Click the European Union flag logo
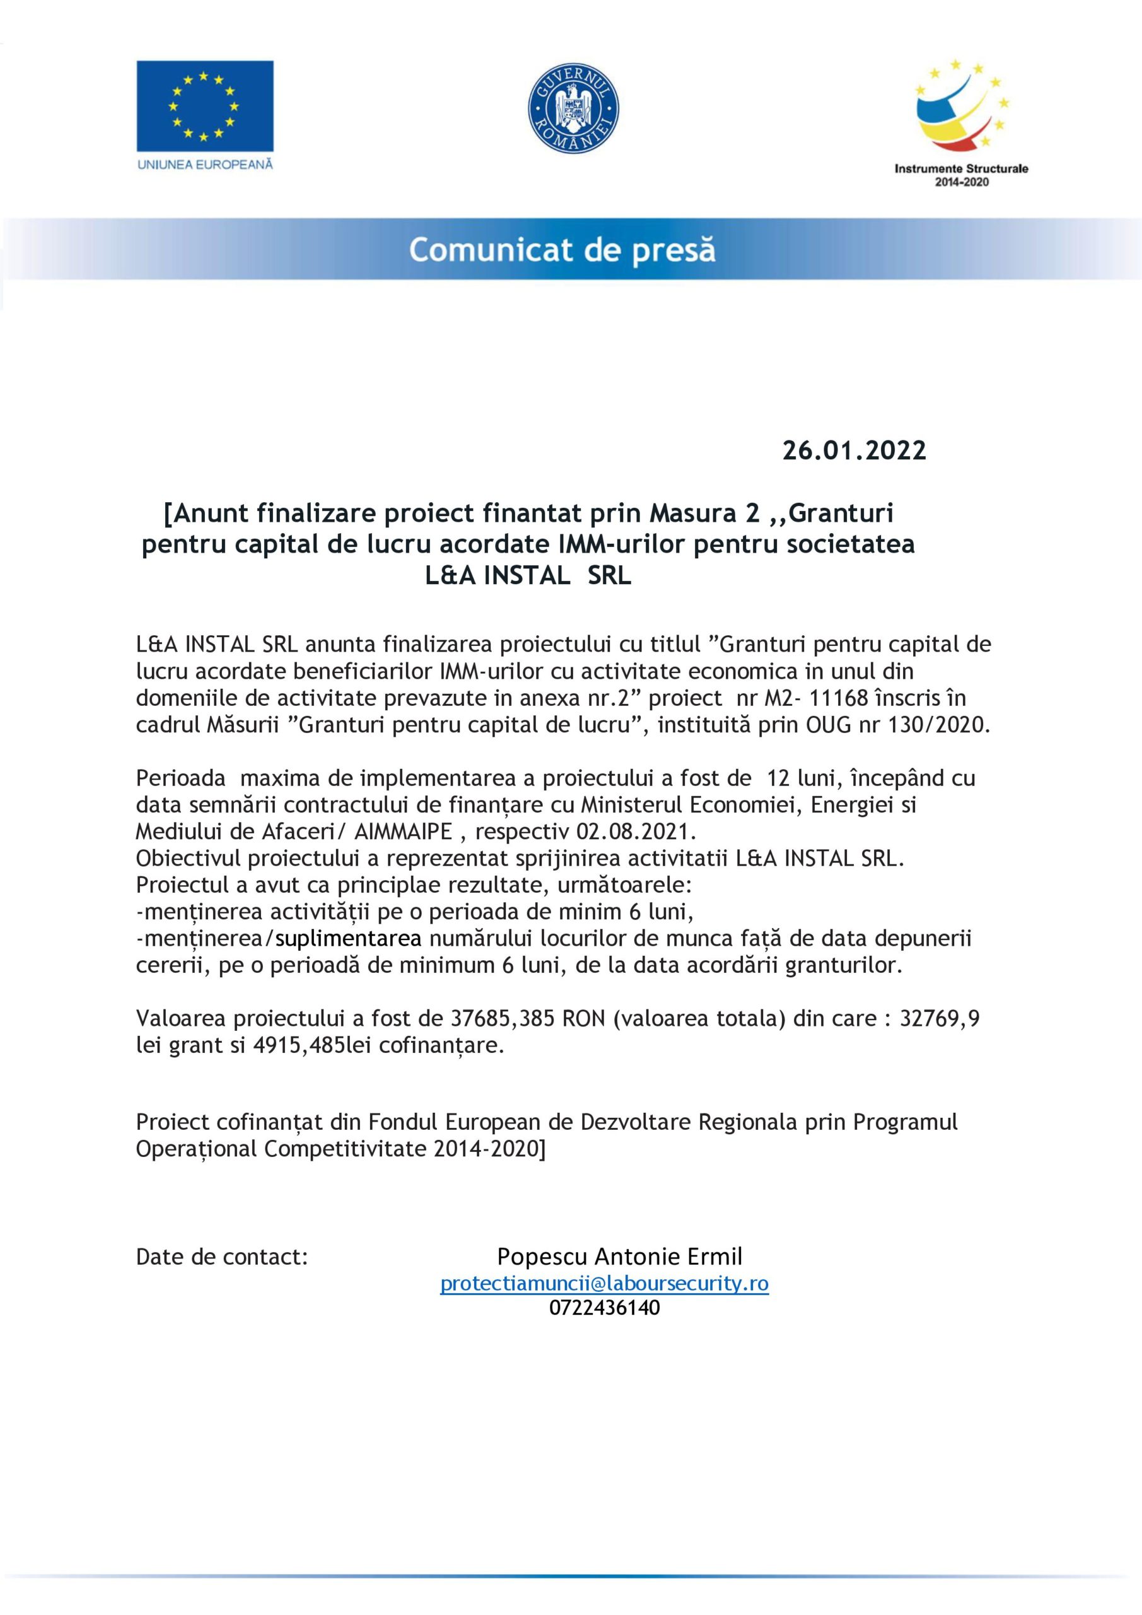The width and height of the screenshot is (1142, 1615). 205,105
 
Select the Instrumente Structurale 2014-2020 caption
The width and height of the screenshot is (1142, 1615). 960,175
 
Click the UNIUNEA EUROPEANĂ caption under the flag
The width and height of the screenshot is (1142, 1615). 205,165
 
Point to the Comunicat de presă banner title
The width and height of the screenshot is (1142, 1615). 562,250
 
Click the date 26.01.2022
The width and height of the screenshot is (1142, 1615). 854,450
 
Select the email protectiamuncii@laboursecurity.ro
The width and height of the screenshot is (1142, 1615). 604,1284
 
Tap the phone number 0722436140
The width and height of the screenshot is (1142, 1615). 604,1308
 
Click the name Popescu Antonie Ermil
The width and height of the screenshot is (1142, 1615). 619,1256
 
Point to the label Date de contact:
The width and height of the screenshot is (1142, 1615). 221,1257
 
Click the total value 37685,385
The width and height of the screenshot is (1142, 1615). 501,1018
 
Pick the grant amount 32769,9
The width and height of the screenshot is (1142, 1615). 940,1018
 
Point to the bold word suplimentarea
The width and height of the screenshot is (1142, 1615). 349,938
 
